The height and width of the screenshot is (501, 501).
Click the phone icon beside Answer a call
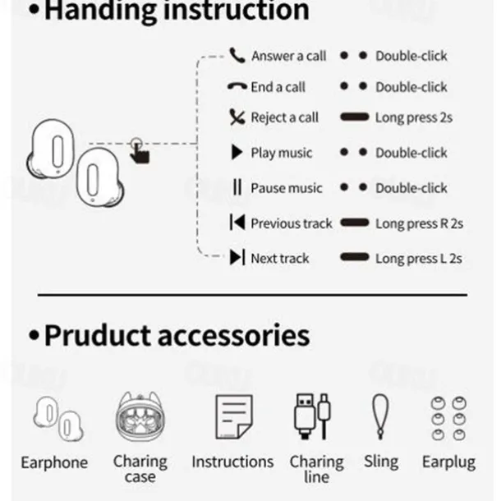click(237, 56)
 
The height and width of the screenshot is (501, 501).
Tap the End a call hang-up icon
click(237, 86)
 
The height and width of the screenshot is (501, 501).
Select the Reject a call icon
click(237, 117)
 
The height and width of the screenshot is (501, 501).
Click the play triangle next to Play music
click(237, 153)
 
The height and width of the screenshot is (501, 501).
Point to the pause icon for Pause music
click(237, 188)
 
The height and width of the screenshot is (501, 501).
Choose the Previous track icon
click(237, 223)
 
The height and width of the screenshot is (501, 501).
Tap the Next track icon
click(237, 258)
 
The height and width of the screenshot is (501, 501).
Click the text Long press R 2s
click(420, 223)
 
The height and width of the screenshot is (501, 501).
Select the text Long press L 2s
click(419, 258)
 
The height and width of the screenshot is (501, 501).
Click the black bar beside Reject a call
click(354, 117)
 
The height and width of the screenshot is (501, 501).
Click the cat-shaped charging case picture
click(140, 419)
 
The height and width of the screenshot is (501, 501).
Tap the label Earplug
click(448, 462)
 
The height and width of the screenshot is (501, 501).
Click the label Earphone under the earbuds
click(54, 462)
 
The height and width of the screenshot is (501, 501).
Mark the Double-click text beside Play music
click(411, 153)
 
